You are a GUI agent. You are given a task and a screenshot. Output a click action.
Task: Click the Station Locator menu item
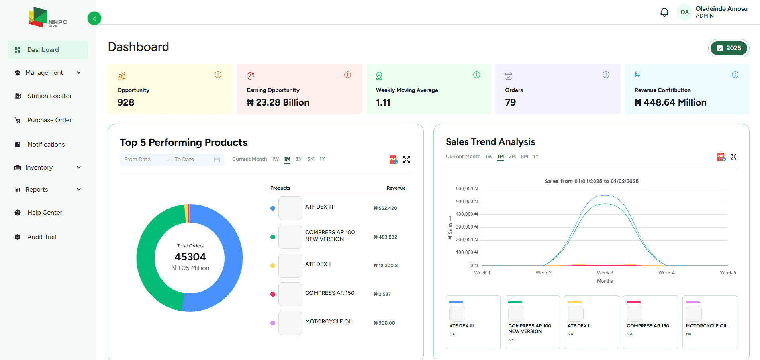(x=49, y=96)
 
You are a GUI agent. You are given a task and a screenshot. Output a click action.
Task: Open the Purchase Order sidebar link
(x=49, y=120)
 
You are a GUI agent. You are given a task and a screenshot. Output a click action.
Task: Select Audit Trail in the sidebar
(x=41, y=237)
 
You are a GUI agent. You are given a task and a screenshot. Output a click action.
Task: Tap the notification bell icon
(x=664, y=12)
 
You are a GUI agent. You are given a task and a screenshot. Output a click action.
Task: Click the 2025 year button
(x=729, y=48)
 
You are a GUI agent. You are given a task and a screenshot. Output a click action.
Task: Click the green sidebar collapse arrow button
(x=94, y=18)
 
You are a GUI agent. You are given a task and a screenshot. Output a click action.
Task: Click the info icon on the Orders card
(x=606, y=75)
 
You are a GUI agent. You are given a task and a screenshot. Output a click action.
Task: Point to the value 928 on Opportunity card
(x=126, y=102)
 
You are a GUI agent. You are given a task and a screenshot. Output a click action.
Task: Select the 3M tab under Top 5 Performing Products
(x=299, y=159)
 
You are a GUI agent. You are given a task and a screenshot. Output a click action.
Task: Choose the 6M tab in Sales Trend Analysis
(x=524, y=157)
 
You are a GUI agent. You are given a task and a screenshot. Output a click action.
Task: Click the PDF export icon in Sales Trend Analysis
(x=721, y=157)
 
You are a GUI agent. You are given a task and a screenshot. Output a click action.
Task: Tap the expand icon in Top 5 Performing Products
(x=406, y=160)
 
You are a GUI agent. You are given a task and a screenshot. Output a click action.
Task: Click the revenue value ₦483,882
(x=385, y=237)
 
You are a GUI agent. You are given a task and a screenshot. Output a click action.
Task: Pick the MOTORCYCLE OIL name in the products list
(x=329, y=322)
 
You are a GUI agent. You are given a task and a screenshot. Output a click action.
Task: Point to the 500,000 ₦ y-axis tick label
(x=466, y=202)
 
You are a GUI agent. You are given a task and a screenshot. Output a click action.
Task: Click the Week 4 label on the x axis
(x=666, y=273)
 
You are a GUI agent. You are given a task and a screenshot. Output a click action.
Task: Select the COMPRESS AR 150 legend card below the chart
(x=650, y=322)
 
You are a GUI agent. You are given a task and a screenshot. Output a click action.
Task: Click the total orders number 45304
(x=190, y=257)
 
